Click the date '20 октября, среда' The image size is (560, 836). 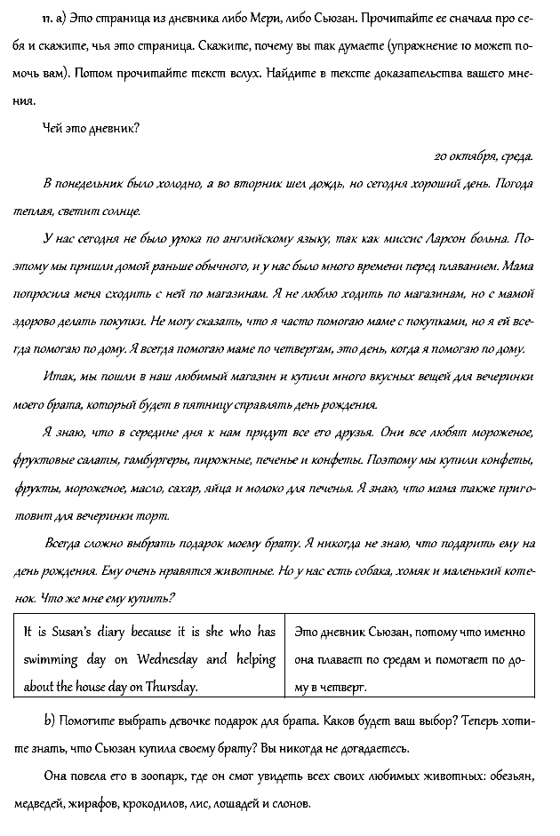pyautogui.click(x=484, y=156)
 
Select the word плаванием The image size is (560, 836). pyautogui.click(x=463, y=267)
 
